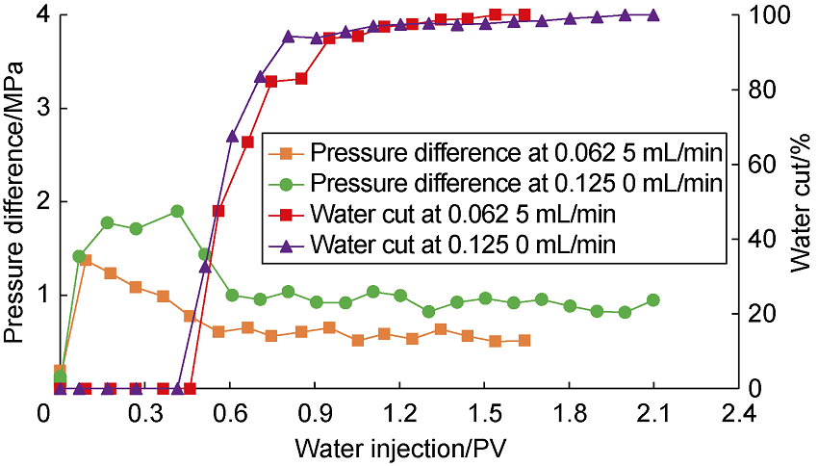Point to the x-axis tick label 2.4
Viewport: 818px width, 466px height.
[x=737, y=415]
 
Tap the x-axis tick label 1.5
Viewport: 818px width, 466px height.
[x=484, y=415]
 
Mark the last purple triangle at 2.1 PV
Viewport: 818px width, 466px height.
[x=653, y=14]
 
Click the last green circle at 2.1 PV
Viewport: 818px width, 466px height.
[x=653, y=300]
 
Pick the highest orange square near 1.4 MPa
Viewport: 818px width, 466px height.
[x=85, y=260]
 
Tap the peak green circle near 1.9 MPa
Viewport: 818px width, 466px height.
[x=177, y=211]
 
